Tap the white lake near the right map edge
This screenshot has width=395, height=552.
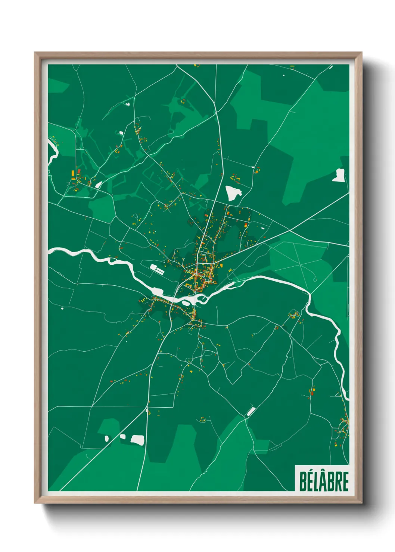pos(339,175)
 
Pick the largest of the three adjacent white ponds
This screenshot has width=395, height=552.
pos(137,440)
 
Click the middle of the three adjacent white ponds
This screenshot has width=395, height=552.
pos(123,437)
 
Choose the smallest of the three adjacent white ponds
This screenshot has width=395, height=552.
pos(107,439)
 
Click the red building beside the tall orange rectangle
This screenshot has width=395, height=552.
pos(79,171)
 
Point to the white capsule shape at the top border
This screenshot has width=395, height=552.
pos(330,67)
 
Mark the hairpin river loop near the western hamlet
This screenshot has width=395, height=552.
pos(51,151)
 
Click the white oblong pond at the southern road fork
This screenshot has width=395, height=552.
pos(251,411)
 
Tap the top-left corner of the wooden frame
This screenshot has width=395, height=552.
pos(35,53)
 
